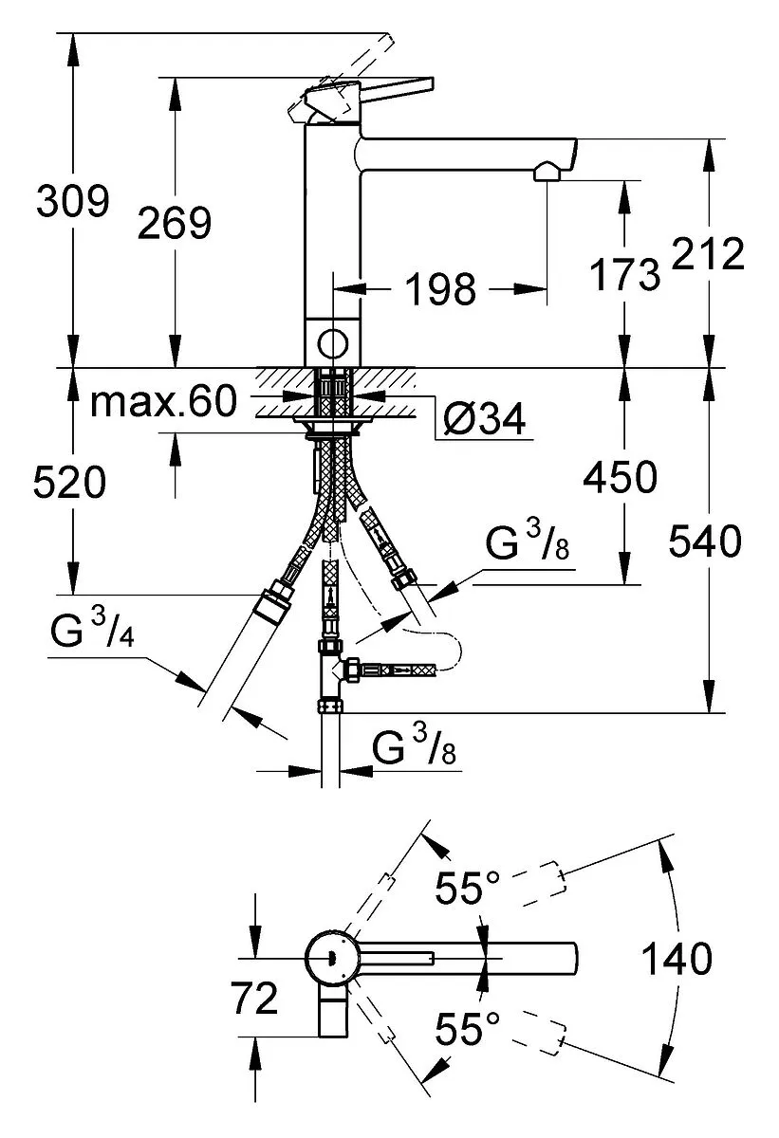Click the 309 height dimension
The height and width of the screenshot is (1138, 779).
coord(73,201)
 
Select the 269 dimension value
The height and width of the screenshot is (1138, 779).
coord(175,223)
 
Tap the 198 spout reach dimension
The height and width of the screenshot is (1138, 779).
coord(441,288)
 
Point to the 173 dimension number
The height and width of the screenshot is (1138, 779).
coord(624,274)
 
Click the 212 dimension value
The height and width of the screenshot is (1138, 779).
coord(708,253)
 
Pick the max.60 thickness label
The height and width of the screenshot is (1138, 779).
coord(163,401)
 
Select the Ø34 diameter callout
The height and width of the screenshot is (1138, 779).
coord(484,418)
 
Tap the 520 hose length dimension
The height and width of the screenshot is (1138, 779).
coord(69,482)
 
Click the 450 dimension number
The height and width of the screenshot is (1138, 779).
coord(620,477)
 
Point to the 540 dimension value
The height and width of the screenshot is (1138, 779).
coord(705,541)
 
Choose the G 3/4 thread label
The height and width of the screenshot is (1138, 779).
coord(92,629)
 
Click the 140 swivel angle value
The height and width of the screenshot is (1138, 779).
coord(677,958)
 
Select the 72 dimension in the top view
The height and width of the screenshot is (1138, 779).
coord(254,998)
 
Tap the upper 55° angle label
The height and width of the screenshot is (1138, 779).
coord(468,888)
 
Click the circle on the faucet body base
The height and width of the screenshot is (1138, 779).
coord(333,343)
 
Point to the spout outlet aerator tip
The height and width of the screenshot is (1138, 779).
coord(547,171)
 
